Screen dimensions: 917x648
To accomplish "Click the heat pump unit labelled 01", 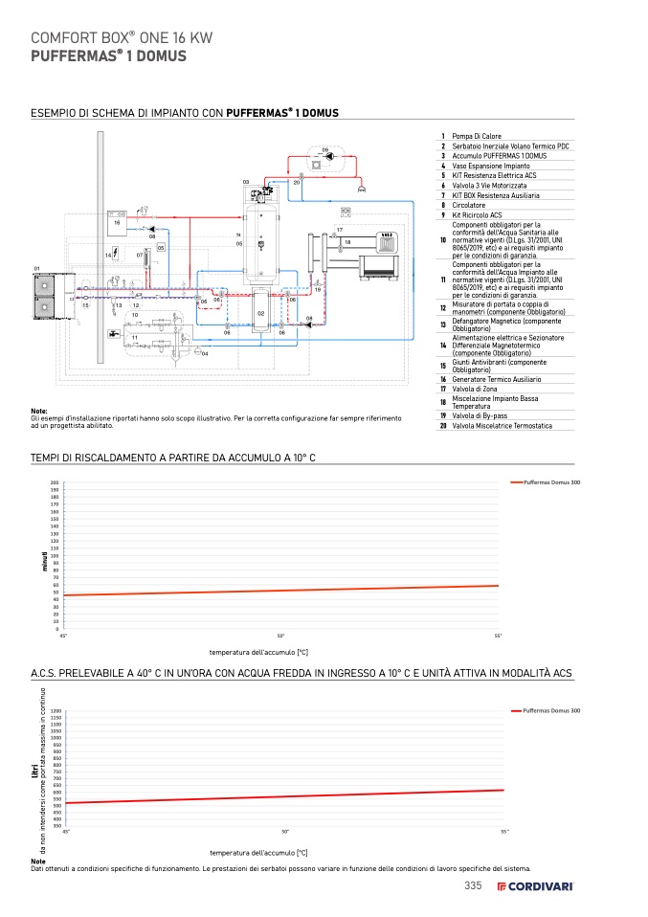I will click(x=46, y=297).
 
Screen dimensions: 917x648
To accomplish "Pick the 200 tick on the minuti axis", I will click(x=55, y=482).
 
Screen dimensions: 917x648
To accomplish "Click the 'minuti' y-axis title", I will click(x=44, y=559).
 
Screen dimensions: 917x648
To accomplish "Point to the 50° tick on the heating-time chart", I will click(x=280, y=636).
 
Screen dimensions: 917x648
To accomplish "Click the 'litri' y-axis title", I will click(x=34, y=777).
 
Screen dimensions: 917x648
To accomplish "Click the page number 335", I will click(x=473, y=885).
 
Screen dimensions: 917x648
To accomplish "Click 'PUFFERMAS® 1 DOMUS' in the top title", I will click(x=108, y=56).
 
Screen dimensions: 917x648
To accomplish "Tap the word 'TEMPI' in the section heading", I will click(x=46, y=458).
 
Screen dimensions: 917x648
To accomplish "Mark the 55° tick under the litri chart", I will click(x=504, y=832).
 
